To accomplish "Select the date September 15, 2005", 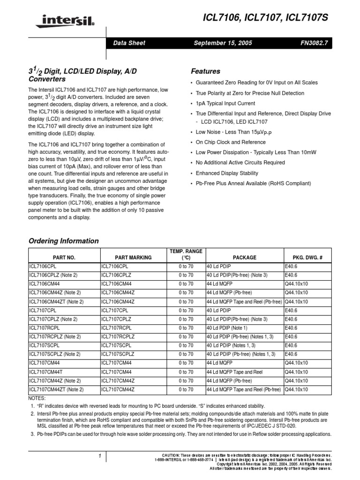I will click(x=223, y=43).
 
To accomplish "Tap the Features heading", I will click(x=205, y=72).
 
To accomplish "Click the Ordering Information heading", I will click(x=64, y=241).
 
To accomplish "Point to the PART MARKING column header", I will click(x=133, y=257).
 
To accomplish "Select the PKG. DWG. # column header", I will click(x=307, y=257).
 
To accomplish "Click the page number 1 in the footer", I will click(x=100, y=456).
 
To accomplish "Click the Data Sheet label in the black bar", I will click(x=129, y=43).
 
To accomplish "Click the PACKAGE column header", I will click(x=244, y=257).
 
